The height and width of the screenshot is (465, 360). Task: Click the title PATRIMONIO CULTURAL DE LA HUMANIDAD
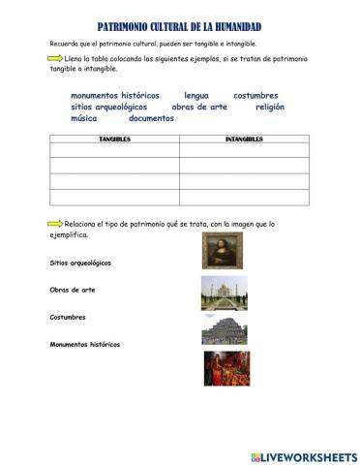tap(181, 27)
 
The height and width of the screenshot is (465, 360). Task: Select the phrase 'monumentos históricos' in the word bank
tap(114, 96)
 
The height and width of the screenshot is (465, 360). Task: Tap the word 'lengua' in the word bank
tap(196, 96)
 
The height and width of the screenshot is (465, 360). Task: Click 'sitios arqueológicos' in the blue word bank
tap(109, 108)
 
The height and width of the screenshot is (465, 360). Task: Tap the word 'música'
tap(85, 119)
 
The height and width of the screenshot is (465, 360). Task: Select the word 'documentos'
tap(151, 119)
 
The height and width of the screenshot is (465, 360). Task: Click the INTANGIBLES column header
tap(244, 139)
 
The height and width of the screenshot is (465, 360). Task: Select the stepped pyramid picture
tap(222, 329)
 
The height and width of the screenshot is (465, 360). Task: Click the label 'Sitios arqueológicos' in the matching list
tap(80, 263)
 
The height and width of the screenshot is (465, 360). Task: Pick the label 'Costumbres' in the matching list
tap(68, 317)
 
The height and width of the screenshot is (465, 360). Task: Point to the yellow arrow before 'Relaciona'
tap(54, 223)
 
